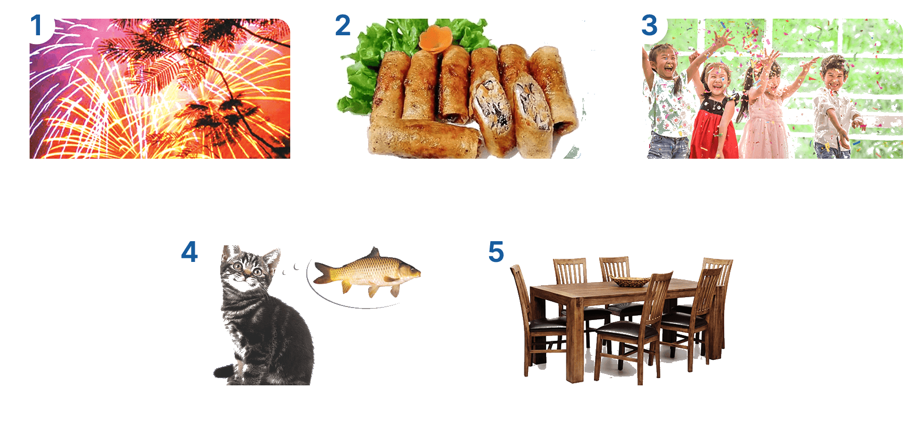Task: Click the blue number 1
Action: [36, 25]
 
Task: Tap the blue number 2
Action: [343, 25]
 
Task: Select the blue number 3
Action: [650, 25]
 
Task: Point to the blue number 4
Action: [190, 252]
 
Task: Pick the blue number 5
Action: [496, 252]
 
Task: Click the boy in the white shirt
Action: [833, 109]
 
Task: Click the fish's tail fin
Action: [325, 273]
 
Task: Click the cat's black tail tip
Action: [224, 371]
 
